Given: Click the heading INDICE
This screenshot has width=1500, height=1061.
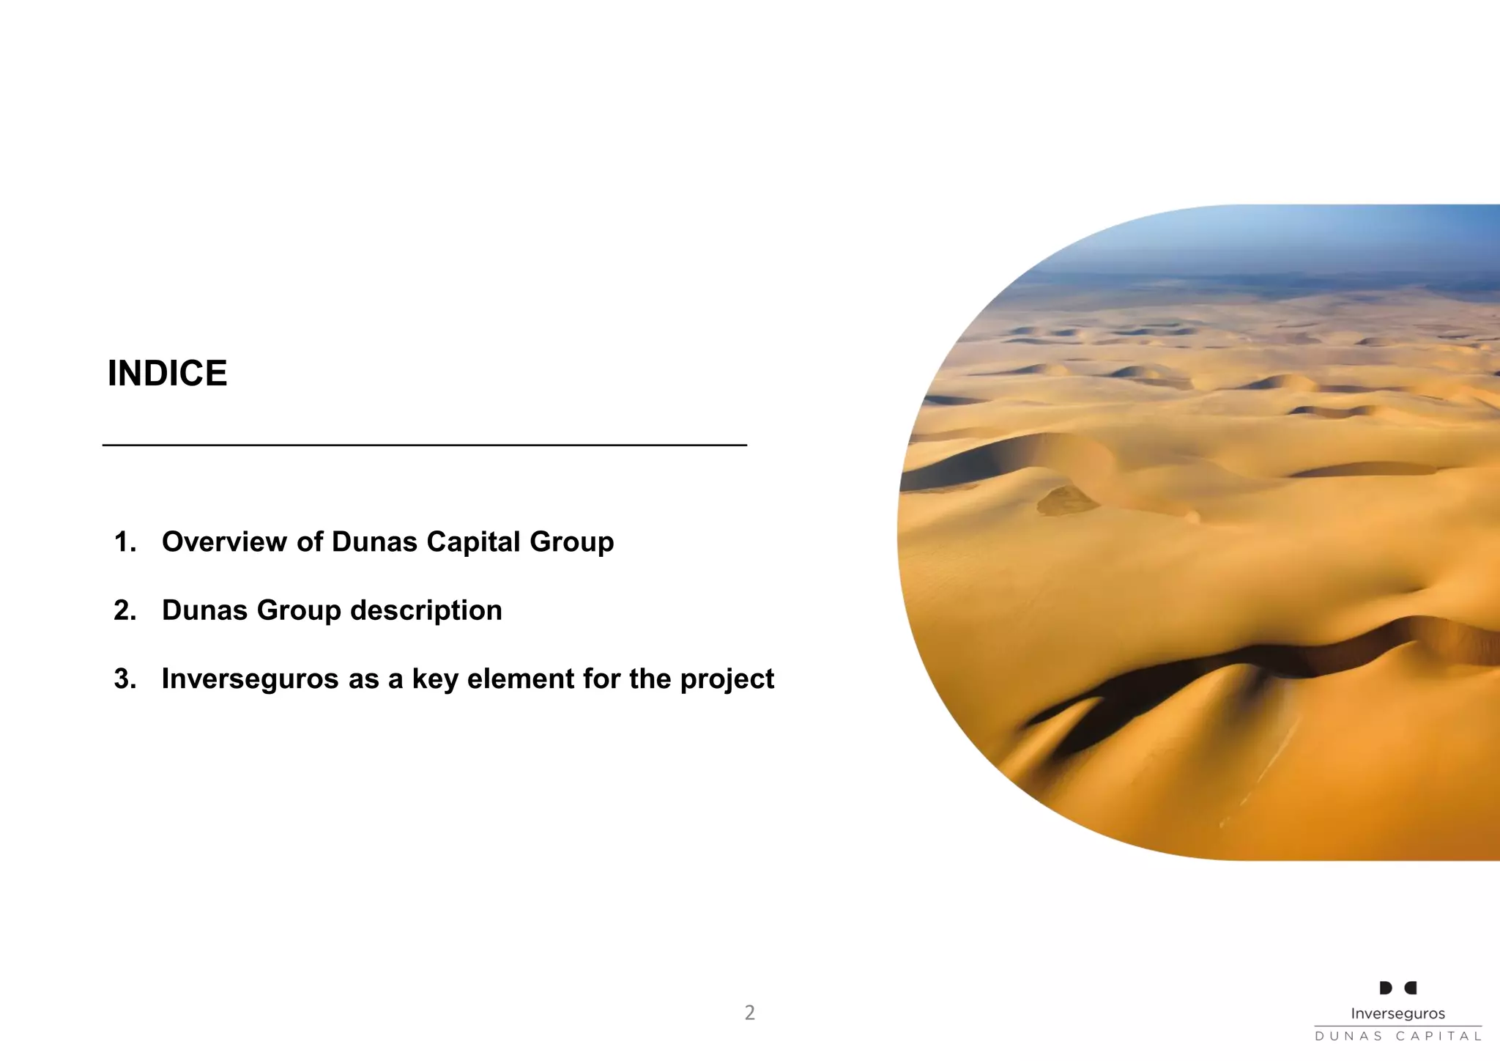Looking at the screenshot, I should [x=167, y=374].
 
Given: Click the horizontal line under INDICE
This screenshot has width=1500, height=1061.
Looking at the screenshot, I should [x=424, y=445].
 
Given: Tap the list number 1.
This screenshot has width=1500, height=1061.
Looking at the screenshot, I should [x=125, y=542].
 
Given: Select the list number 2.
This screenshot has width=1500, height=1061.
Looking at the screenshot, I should [x=125, y=610].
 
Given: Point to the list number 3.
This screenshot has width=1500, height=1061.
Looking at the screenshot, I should [x=125, y=679].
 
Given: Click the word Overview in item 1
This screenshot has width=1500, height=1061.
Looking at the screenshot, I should [x=224, y=542].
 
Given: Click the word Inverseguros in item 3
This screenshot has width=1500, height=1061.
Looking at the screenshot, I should [x=250, y=679].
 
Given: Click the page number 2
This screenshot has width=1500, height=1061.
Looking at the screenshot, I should [x=749, y=1013].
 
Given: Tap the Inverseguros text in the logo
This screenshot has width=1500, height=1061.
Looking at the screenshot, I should [x=1397, y=1014].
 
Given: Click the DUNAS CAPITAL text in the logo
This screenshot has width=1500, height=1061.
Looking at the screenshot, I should [x=1397, y=1036].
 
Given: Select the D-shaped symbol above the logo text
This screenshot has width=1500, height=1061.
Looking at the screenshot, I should [x=1386, y=988].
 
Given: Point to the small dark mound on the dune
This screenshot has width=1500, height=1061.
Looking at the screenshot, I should [x=1066, y=500].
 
